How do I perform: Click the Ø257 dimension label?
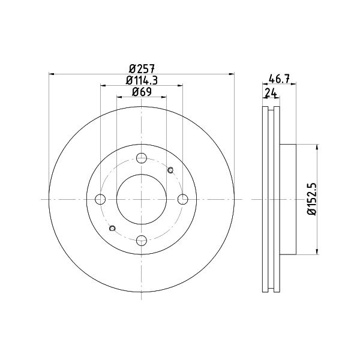pos(142,68)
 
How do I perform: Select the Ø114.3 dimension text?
pos(142,80)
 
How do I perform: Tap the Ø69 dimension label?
pos(142,92)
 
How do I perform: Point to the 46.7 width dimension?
pos(279,79)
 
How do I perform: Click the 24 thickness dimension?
pos(271,93)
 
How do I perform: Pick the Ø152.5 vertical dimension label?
pos(312,199)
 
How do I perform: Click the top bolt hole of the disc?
pos(142,158)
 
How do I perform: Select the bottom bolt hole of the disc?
pos(142,241)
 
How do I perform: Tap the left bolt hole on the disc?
pos(100,199)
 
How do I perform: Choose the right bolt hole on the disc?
pos(183,199)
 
